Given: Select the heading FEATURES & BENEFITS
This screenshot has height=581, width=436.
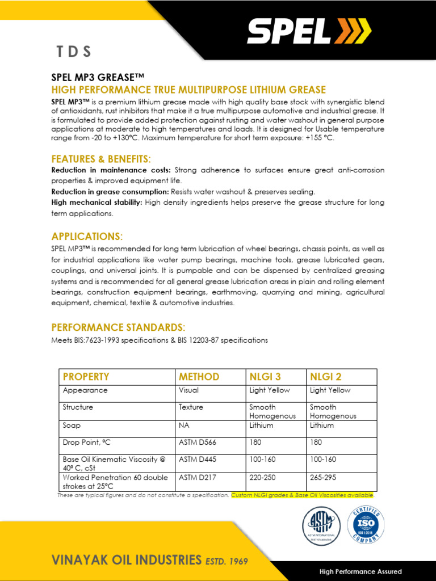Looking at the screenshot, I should click(x=101, y=158).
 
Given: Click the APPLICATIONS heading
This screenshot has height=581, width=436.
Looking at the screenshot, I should click(x=87, y=236).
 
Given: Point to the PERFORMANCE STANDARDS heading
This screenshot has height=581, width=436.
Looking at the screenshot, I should click(x=118, y=327).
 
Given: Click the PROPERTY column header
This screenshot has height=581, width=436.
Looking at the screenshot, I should click(x=86, y=377).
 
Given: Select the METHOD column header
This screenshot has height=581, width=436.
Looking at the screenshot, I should click(x=199, y=377).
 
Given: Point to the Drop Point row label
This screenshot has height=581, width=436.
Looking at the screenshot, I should click(x=87, y=442).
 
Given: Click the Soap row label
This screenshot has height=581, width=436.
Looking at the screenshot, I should click(x=72, y=425).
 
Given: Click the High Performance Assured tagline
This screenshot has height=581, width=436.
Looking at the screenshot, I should click(x=360, y=571).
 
